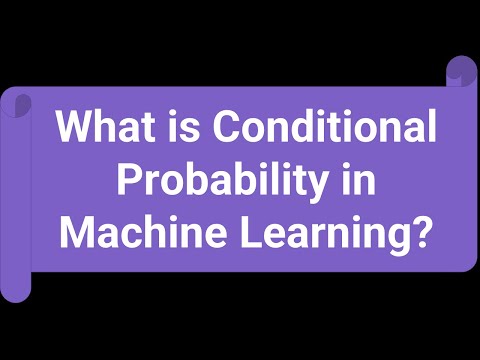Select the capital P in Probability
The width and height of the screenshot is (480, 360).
point(130,182)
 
